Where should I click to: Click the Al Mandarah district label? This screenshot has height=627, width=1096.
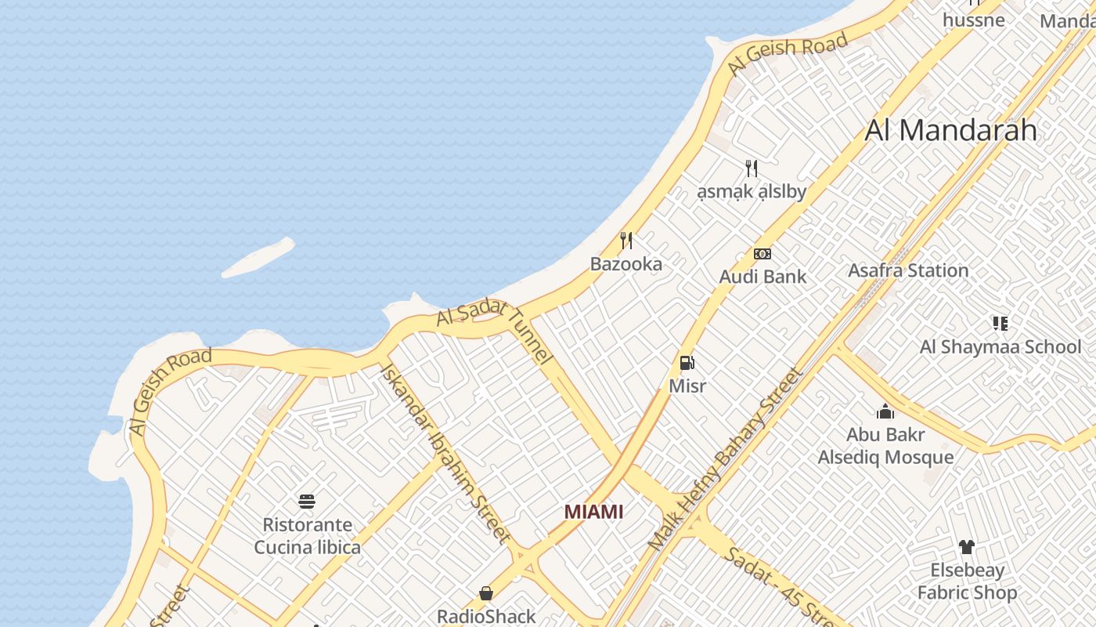(x=950, y=130)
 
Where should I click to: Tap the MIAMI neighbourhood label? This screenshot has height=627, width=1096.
(x=593, y=512)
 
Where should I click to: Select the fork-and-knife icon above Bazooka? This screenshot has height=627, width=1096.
(x=626, y=240)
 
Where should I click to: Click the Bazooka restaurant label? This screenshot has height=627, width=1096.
(x=626, y=264)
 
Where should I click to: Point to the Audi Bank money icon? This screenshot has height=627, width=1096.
(x=762, y=254)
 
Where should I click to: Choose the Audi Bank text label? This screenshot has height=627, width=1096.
(x=762, y=277)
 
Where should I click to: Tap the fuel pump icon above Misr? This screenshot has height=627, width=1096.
(x=687, y=363)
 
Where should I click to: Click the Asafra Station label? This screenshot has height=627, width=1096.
(x=908, y=271)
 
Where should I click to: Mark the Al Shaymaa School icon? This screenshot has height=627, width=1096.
(x=1000, y=323)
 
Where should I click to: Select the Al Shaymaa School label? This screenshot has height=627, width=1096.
(x=1000, y=346)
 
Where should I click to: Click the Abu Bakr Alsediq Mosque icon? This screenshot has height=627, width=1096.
(x=885, y=411)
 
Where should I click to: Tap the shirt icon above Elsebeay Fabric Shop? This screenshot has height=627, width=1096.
(x=966, y=546)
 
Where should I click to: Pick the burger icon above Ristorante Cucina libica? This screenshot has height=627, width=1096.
(x=307, y=502)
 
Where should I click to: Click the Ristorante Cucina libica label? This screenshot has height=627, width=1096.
(x=307, y=536)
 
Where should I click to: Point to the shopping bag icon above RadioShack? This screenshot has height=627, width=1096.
(x=486, y=593)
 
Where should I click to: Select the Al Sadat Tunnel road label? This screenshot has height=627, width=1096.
(x=496, y=332)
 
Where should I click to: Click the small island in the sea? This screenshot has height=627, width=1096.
(x=258, y=258)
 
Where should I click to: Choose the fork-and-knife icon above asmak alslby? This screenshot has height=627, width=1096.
(x=752, y=168)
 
